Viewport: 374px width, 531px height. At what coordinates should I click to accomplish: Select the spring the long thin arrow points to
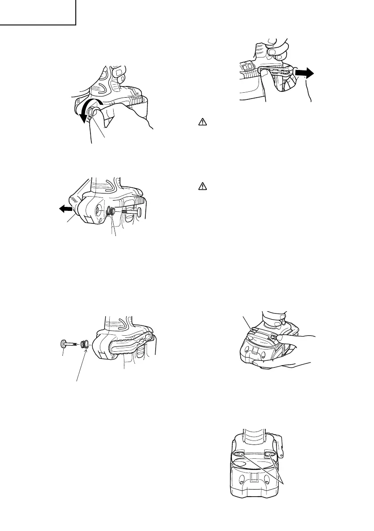click(85, 345)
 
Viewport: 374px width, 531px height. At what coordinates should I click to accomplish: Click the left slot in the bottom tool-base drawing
click(238, 454)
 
